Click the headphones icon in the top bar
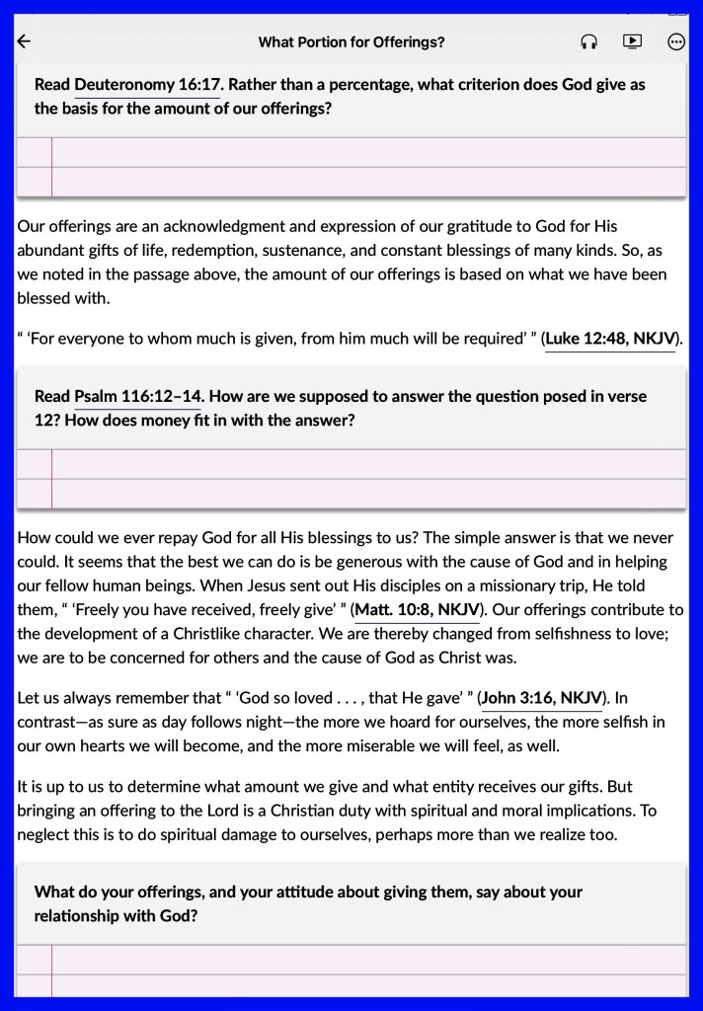click(x=589, y=41)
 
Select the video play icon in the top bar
click(x=632, y=41)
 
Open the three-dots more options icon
click(x=676, y=41)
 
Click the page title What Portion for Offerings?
click(x=351, y=41)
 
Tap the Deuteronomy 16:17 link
click(x=147, y=85)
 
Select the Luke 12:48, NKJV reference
click(x=611, y=339)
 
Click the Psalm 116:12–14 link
click(x=137, y=397)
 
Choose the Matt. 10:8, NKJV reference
click(x=418, y=609)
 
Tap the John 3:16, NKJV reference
click(x=542, y=698)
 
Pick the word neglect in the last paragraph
click(x=44, y=834)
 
